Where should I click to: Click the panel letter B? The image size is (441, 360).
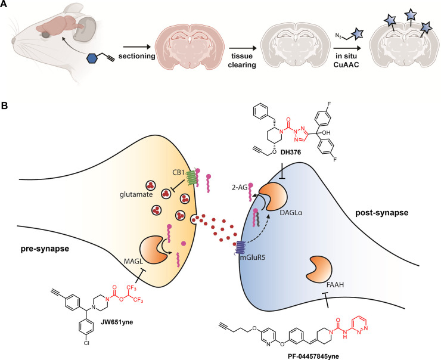(x=5, y=105)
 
